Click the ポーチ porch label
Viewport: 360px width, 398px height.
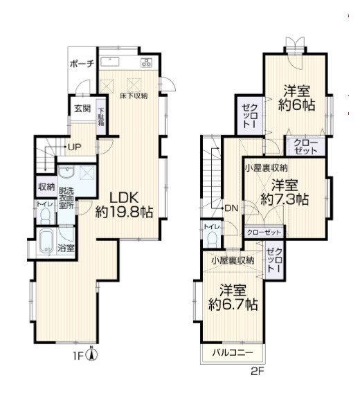tap(82, 64)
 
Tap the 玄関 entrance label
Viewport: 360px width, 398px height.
tap(82, 109)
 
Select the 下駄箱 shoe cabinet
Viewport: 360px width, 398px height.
tap(101, 117)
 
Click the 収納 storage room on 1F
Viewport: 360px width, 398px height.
tap(46, 187)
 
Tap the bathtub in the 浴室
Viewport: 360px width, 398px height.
tap(46, 242)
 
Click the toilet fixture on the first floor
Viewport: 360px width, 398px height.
tap(46, 216)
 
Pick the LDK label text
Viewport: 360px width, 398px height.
tap(124, 197)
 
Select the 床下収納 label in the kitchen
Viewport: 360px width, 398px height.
tap(134, 96)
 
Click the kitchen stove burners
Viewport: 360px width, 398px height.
tap(146, 62)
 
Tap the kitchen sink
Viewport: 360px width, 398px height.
tap(110, 62)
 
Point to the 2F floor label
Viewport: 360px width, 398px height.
tap(258, 372)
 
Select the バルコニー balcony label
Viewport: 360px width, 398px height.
tap(233, 353)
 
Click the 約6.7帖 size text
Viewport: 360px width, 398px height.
tap(233, 305)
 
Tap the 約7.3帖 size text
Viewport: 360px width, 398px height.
tap(285, 200)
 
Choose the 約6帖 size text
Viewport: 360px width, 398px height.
tap(296, 105)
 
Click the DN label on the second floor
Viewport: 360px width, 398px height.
tap(232, 208)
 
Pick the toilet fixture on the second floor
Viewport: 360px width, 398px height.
tap(211, 239)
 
